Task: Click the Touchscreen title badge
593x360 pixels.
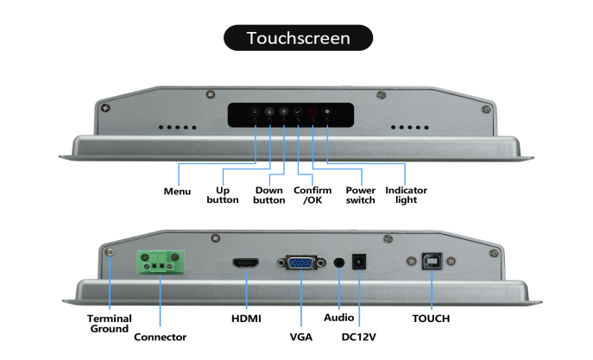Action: [x=298, y=38]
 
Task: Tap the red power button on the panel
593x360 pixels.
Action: [x=312, y=112]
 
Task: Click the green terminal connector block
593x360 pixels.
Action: [x=159, y=262]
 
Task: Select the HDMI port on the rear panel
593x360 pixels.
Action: [x=247, y=262]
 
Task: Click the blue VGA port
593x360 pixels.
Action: [x=300, y=262]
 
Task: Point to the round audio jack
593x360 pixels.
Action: [x=338, y=262]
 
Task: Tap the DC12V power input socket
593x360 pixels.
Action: [x=363, y=262]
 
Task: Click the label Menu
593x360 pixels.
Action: [x=177, y=191]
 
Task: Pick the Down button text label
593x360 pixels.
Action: [x=269, y=195]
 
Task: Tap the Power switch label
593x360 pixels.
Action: [x=360, y=195]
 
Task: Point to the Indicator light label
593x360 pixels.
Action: [x=406, y=195]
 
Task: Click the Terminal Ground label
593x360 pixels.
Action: [x=108, y=323]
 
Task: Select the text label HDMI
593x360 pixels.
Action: [x=246, y=319]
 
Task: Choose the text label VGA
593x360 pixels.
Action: [x=300, y=336]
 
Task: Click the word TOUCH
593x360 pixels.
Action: [x=431, y=319]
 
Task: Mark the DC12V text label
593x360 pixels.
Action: [x=358, y=336]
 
